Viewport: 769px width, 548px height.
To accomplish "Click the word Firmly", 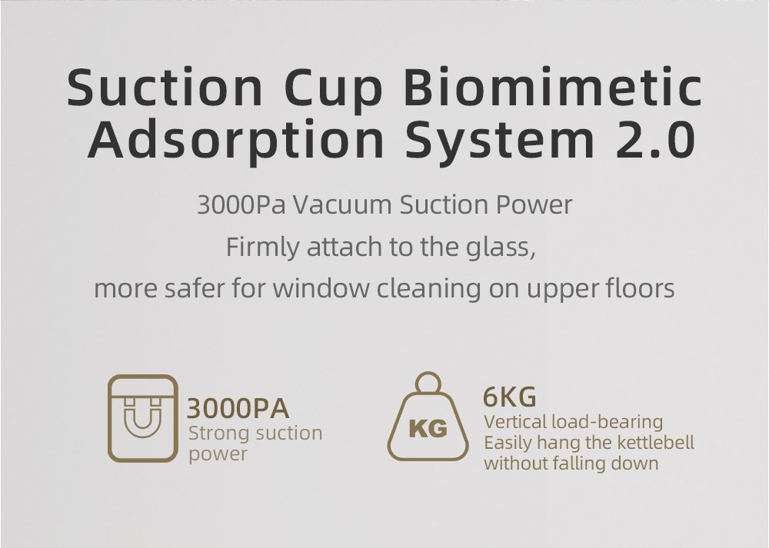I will coord(262,248).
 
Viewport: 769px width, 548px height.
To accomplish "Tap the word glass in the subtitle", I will coord(493,248).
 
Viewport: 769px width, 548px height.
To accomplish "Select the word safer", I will coord(193,289).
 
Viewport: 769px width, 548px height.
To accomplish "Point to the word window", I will coord(324,289).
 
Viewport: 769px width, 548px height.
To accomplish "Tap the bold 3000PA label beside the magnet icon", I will coord(238,407).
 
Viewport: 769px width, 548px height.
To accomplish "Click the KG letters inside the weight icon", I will coord(428,428).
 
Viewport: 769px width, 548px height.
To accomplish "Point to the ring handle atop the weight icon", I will coord(428,384).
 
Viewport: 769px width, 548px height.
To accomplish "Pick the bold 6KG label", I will coord(509,397).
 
